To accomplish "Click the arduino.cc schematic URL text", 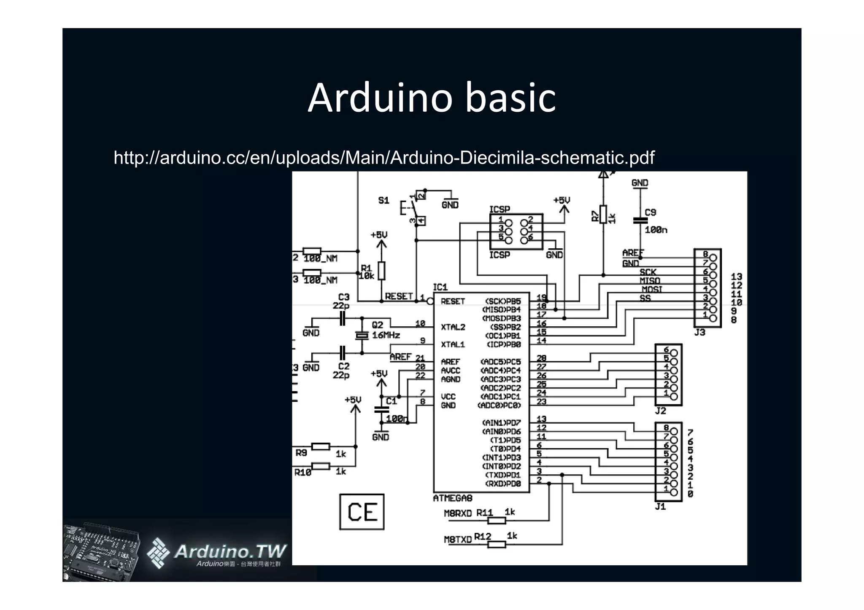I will click(x=384, y=158).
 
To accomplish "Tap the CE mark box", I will click(x=362, y=512).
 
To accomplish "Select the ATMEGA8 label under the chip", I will click(x=453, y=498).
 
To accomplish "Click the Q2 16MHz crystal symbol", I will click(x=362, y=335).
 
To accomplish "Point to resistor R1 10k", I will click(x=381, y=271).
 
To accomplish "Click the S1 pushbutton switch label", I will click(x=383, y=200).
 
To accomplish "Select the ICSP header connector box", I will click(x=516, y=231).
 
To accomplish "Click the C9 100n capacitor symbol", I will click(x=640, y=220).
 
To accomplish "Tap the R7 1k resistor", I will click(x=603, y=215).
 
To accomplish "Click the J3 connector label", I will click(x=699, y=332).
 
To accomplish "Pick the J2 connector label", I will click(x=660, y=411).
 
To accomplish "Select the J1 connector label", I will click(x=660, y=506).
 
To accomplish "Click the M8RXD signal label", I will click(x=458, y=513).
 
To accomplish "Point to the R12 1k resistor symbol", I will click(x=497, y=544).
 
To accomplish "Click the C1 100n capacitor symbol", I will click(x=381, y=409).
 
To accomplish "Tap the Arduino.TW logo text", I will click(x=230, y=551).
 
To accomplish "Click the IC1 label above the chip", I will click(x=440, y=288).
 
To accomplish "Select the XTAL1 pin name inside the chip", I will click(x=453, y=344).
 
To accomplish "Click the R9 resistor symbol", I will click(x=321, y=446).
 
